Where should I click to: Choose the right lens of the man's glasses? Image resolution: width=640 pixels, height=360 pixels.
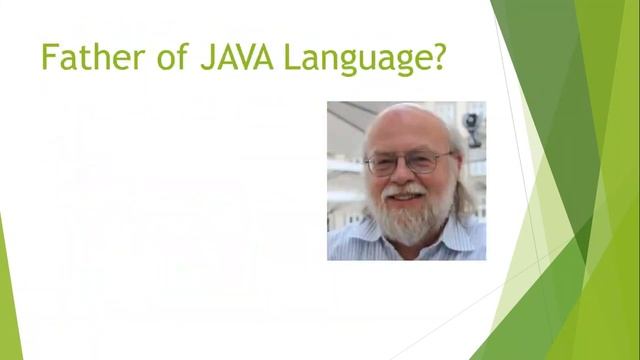tap(424, 162)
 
